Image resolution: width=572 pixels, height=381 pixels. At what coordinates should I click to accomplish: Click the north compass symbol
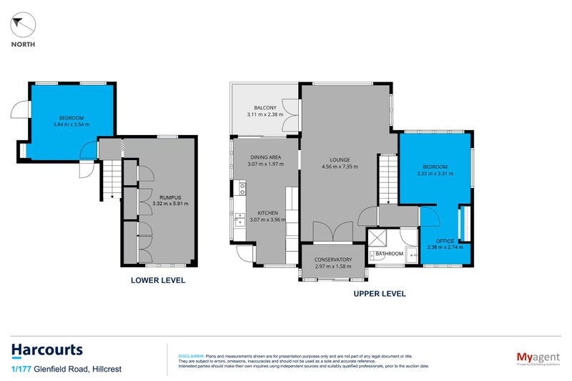tap(24, 26)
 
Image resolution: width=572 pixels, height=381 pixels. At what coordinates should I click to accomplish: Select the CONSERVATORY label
tap(333, 259)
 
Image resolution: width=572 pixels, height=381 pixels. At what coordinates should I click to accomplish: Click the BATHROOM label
tap(390, 254)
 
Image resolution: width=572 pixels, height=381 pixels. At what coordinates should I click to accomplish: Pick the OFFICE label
tap(445, 240)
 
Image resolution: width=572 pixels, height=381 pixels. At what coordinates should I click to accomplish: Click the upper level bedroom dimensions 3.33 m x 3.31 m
tap(437, 172)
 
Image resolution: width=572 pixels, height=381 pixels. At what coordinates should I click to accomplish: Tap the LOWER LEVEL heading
tap(158, 280)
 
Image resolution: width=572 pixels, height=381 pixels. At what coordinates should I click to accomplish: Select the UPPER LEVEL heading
tap(380, 293)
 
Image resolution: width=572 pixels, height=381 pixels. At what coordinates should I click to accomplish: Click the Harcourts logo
tap(47, 350)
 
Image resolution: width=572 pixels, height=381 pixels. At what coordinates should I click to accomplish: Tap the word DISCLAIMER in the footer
tap(190, 355)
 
